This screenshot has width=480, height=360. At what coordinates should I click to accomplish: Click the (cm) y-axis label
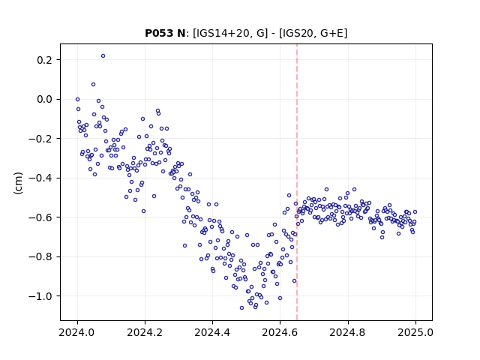(x=18, y=183)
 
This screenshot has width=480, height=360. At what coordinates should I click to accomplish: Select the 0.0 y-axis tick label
(x=44, y=99)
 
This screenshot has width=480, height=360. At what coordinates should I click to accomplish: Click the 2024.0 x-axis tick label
(x=77, y=332)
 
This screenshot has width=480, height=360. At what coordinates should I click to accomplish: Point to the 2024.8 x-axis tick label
(x=348, y=332)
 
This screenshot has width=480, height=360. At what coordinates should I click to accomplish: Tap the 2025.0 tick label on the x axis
(x=415, y=332)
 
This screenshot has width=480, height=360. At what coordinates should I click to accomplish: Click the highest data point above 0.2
(x=103, y=55)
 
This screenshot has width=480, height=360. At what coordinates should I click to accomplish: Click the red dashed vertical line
(x=297, y=182)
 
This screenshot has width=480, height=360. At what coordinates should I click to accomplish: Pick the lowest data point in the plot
(x=241, y=307)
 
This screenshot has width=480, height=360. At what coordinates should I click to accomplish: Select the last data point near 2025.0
(x=415, y=211)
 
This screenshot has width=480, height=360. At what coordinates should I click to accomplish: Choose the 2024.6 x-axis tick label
(x=280, y=332)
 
